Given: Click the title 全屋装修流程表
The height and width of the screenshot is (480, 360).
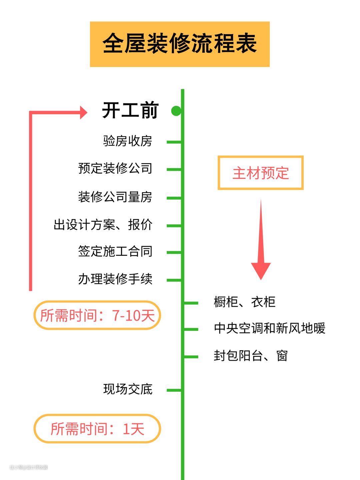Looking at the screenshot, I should click(180, 44).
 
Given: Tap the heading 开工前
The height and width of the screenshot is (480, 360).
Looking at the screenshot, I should click(130, 110).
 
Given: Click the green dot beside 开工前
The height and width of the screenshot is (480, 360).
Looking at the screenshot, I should click(176, 111).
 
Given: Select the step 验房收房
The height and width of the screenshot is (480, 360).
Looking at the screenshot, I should click(128, 141).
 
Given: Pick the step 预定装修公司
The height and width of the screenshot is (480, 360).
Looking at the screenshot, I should click(115, 168).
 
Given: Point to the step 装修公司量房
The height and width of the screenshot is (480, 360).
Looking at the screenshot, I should click(115, 197).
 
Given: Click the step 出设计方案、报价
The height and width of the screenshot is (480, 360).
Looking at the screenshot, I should click(103, 225).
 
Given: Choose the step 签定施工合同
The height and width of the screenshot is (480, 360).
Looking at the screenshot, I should click(115, 252).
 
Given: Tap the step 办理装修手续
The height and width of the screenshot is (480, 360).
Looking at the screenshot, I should click(115, 279).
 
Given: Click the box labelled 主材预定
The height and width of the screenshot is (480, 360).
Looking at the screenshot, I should click(261, 173).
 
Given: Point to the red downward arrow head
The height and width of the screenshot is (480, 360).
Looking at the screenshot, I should click(261, 270).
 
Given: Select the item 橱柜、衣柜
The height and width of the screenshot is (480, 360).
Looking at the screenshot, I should click(245, 302).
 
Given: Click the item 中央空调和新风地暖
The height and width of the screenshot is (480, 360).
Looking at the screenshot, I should click(270, 329).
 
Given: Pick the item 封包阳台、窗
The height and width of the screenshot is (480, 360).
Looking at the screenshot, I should click(251, 356).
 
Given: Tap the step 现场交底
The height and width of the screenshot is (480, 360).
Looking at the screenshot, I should click(128, 389).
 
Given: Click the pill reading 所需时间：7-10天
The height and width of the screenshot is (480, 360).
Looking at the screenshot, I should click(97, 315).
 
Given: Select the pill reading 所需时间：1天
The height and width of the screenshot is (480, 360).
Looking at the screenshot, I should click(97, 429).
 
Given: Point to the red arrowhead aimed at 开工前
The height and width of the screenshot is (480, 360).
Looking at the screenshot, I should click(83, 112).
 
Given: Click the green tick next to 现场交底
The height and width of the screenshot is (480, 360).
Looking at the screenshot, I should click(174, 390).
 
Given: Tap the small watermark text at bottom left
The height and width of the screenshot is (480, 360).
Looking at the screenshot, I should click(29, 467).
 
